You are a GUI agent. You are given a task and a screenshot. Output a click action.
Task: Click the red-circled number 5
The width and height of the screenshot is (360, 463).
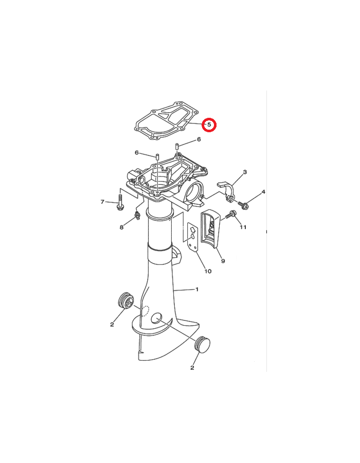click(209, 124)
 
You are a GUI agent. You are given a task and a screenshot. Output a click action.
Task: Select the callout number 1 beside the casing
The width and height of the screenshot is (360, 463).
click(197, 289)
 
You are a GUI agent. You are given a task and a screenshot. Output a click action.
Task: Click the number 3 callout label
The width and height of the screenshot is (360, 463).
click(245, 172)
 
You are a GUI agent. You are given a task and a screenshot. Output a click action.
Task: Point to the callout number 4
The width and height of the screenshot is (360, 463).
click(263, 192)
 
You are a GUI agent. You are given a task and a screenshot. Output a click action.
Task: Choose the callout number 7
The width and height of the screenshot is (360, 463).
click(102, 202)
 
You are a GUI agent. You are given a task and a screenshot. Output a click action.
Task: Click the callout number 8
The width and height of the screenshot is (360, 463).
click(121, 227)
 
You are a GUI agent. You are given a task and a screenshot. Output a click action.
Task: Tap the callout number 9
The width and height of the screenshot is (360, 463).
click(223, 261)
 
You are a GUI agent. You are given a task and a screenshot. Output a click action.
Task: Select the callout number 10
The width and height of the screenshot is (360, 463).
click(208, 271)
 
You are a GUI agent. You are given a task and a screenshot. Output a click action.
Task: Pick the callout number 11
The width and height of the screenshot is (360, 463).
click(243, 227)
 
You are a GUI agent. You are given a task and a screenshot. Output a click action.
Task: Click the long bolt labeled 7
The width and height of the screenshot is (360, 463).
click(121, 203)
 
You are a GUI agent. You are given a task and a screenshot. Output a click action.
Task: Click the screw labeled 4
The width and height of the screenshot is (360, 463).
click(243, 205)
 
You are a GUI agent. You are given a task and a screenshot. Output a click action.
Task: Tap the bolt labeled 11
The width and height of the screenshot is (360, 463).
click(230, 214)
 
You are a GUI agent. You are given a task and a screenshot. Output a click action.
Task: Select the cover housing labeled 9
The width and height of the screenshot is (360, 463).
click(210, 228)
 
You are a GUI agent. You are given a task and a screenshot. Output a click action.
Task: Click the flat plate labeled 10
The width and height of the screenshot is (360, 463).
click(193, 237)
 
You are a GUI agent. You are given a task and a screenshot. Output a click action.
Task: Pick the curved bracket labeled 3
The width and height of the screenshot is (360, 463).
click(227, 191)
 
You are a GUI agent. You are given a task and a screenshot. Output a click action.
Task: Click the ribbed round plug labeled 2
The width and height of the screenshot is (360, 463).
click(125, 300)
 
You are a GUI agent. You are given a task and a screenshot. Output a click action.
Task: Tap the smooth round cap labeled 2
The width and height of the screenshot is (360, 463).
click(203, 344)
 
